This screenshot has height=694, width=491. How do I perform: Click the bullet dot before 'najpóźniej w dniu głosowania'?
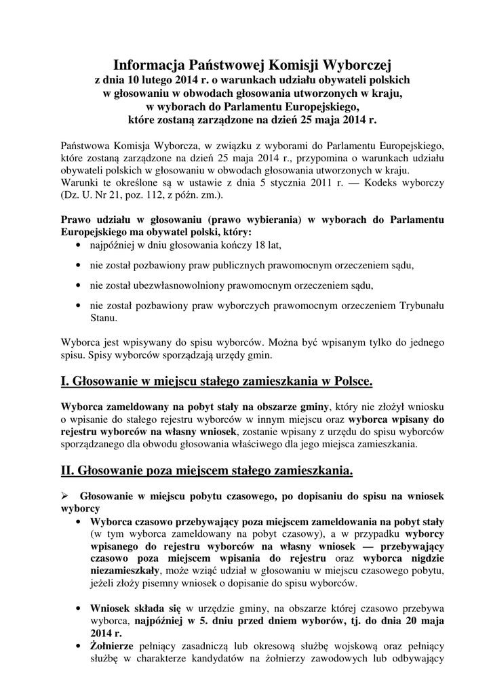point(82,245)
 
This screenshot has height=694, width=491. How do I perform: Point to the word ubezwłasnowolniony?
point(182,285)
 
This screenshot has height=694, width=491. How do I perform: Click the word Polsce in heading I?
point(349,382)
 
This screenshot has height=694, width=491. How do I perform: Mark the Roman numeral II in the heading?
point(68,470)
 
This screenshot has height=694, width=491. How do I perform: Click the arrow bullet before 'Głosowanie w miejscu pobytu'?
point(66,497)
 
